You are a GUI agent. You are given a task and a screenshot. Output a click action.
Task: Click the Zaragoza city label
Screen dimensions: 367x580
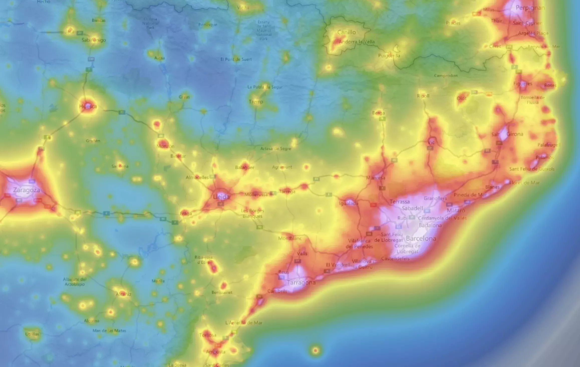coord(27,190)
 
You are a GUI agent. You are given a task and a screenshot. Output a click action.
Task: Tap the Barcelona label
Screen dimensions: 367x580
coord(421,238)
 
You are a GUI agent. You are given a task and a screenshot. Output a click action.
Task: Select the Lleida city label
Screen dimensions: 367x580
coord(221,197)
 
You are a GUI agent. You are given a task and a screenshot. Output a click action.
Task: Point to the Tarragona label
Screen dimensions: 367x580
coord(301,283)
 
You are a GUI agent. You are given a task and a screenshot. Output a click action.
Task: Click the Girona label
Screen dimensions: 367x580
coord(515,134)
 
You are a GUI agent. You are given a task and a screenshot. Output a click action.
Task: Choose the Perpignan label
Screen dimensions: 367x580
coord(530,8)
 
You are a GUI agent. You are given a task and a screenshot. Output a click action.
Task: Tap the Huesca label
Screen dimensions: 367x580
coord(88,106)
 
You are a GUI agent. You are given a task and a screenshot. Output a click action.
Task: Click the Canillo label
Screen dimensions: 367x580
coord(346,32)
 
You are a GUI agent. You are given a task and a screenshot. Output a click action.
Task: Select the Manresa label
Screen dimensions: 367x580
coord(376,178)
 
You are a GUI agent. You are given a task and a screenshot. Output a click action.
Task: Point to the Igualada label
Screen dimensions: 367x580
coord(349,203)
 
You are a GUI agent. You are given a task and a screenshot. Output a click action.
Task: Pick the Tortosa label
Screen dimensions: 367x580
coord(208,335)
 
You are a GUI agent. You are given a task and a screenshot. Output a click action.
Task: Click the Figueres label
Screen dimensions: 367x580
coord(523,84)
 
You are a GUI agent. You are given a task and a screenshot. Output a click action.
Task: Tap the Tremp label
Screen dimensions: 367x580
coord(256,101)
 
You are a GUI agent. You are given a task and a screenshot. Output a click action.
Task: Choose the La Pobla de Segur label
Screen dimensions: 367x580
coord(265,87)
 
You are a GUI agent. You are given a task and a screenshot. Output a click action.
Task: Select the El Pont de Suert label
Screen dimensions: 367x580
coord(236,59)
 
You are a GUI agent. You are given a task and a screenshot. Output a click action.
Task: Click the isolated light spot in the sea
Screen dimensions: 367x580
coord(315,350)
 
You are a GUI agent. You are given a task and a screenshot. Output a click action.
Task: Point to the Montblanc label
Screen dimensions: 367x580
coord(290,238)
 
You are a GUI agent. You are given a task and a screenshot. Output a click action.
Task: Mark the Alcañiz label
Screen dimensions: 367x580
coord(123,294)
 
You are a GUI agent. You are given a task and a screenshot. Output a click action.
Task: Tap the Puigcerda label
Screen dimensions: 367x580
coord(389,56)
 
